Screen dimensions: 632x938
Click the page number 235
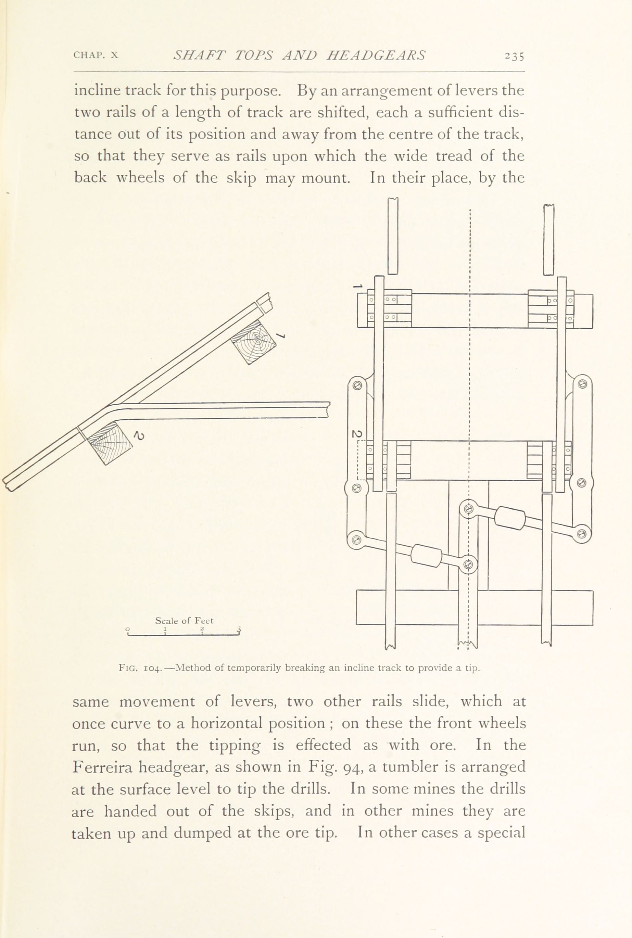514,56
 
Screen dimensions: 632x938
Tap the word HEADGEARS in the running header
376,55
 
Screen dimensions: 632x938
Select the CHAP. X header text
96,55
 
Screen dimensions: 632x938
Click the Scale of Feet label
184,621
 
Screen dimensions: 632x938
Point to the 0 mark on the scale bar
127,629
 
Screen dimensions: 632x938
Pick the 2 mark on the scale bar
202,629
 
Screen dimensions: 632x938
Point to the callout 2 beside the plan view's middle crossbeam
357,434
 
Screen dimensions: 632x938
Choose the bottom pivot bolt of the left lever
356,539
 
